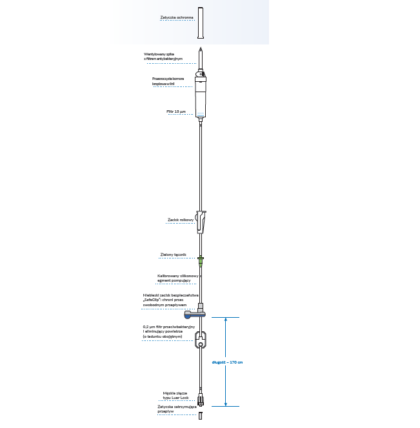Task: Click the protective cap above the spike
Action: point(201,24)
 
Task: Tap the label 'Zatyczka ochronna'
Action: point(176,17)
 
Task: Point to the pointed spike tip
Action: point(201,50)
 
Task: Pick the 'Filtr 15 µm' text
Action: point(176,112)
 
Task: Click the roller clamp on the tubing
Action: point(201,222)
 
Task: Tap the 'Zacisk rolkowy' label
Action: point(176,220)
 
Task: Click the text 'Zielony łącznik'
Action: point(173,255)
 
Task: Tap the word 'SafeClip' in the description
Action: point(152,300)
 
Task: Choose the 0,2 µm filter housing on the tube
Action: point(201,340)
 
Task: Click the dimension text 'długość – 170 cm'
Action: point(227,362)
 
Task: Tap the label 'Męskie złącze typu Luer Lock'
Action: point(175,394)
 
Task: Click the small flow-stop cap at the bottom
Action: point(201,415)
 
